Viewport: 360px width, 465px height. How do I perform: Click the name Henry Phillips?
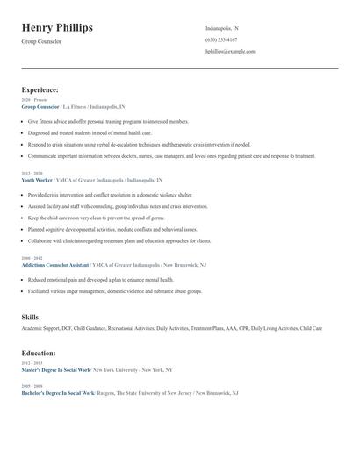click(x=57, y=28)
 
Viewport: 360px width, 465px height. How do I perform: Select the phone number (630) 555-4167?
click(x=221, y=40)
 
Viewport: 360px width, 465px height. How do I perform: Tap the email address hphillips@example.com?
click(x=230, y=52)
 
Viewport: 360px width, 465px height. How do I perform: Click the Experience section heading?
click(x=40, y=89)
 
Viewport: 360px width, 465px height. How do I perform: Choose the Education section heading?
click(x=39, y=353)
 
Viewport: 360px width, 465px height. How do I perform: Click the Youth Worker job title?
click(x=38, y=179)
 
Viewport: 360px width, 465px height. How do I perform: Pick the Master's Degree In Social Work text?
click(x=54, y=370)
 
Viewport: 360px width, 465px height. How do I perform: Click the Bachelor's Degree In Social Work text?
click(x=56, y=393)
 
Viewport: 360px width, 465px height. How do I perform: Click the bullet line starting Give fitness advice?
click(x=108, y=122)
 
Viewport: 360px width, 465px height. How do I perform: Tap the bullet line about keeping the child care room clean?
click(x=96, y=218)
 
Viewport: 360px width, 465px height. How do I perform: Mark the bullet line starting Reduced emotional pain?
click(x=101, y=279)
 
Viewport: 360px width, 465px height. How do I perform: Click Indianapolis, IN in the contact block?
click(x=222, y=28)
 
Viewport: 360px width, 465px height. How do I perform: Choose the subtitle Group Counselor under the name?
click(x=42, y=41)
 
